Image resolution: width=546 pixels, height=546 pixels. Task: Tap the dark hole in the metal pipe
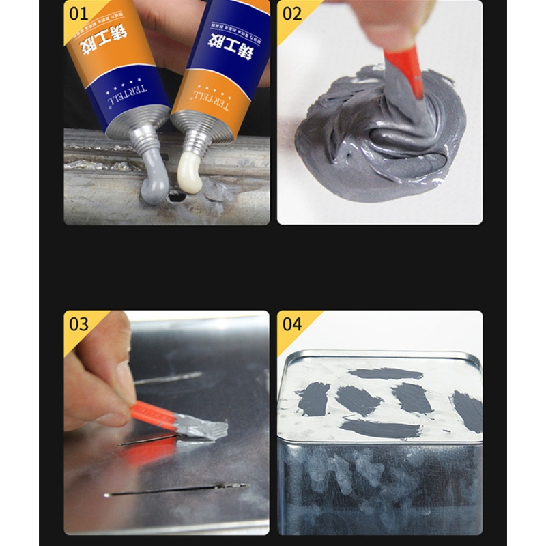click(x=176, y=197)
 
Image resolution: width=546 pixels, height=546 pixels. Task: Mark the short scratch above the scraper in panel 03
click(x=168, y=377)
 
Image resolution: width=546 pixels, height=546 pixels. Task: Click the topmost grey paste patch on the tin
click(x=386, y=373)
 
